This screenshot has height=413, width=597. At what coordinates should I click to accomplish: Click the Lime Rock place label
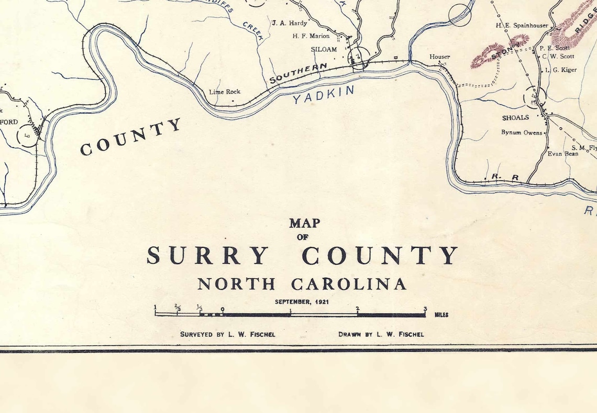pos(225,92)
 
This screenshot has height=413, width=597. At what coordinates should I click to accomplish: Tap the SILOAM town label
pos(324,49)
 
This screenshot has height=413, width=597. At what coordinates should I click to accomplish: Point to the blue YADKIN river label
pos(324,94)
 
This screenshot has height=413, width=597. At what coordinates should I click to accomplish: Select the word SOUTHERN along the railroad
pos(298,73)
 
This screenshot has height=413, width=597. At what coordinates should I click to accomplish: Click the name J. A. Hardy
pos(290,23)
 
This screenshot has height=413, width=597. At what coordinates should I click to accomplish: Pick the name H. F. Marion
pos(311,36)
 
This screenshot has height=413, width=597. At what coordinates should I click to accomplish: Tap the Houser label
pos(439,57)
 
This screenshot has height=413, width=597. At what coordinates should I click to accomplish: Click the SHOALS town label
pos(515,118)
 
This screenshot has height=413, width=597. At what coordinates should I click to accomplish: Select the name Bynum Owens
pos(522,133)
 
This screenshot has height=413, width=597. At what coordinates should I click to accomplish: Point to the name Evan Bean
pos(563,154)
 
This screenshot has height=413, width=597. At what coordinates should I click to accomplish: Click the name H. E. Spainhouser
pos(522,25)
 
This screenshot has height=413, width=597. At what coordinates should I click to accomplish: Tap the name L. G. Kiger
pos(561,70)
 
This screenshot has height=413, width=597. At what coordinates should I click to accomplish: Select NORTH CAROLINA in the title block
pos(302,284)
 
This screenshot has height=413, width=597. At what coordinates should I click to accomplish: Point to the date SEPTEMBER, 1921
pos(302,302)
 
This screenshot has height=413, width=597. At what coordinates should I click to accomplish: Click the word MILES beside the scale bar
pos(441,316)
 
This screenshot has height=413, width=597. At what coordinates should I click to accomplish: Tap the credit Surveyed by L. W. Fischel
pos(228,334)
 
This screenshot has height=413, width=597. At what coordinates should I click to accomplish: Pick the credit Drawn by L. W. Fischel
pos(381,334)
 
